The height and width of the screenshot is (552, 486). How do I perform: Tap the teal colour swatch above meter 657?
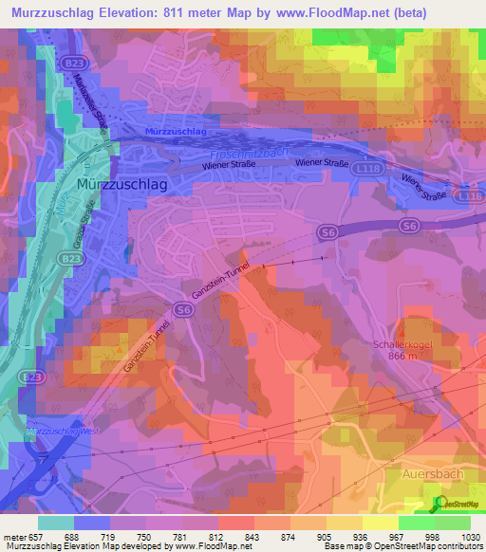tap(56, 522)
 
